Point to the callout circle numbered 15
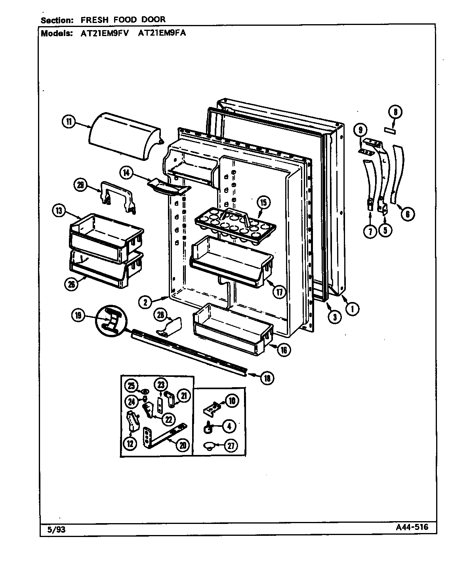click(263, 203)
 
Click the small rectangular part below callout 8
click(389, 130)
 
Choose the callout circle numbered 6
click(407, 214)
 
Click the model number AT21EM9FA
click(162, 33)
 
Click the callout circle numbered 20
click(182, 445)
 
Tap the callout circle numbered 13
click(59, 211)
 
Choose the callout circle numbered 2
click(147, 302)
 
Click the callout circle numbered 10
click(232, 401)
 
